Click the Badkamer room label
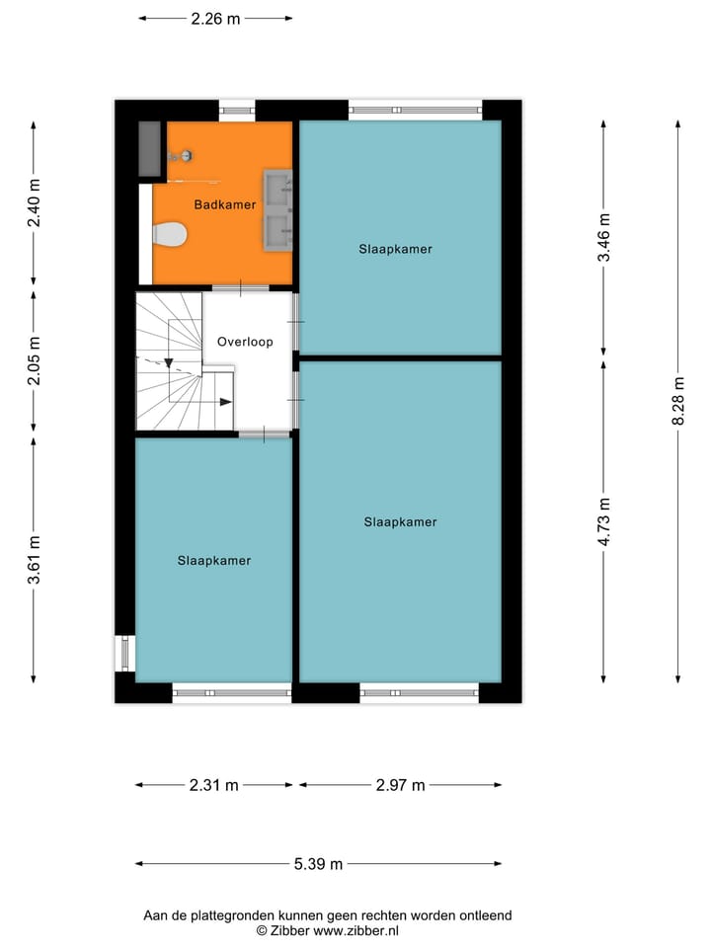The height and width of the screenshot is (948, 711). (225, 205)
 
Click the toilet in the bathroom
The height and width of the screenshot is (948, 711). (171, 234)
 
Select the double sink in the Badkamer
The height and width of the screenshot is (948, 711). (277, 209)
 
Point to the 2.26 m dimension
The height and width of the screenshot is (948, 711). (214, 18)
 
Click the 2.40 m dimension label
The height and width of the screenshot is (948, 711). (35, 204)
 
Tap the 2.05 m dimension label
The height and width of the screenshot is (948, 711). (35, 360)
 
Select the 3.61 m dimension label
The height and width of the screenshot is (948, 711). (35, 559)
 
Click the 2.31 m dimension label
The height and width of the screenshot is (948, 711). (214, 786)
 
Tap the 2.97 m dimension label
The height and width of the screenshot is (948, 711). (400, 786)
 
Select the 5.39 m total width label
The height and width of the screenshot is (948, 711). (318, 864)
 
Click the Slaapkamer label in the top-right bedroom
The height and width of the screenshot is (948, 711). (395, 249)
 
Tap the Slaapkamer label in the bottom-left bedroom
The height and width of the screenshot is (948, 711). (214, 560)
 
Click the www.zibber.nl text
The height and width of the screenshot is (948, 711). (356, 930)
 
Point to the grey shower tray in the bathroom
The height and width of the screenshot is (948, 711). (150, 149)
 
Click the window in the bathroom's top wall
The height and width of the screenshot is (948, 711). (237, 109)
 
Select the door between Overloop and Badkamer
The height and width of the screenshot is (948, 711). (240, 288)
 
